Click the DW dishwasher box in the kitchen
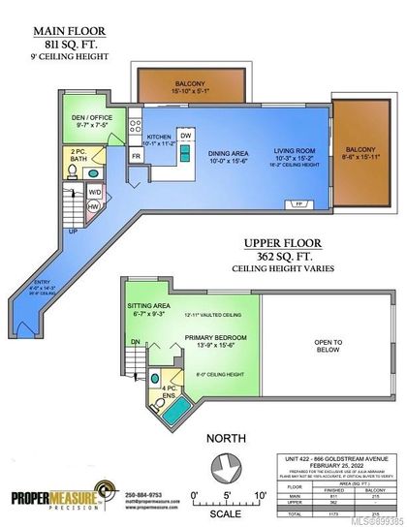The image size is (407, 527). tap(186, 136)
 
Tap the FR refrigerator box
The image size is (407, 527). tap(136, 156)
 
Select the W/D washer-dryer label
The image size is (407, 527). tap(93, 192)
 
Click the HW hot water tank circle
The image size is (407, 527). tap(93, 206)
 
